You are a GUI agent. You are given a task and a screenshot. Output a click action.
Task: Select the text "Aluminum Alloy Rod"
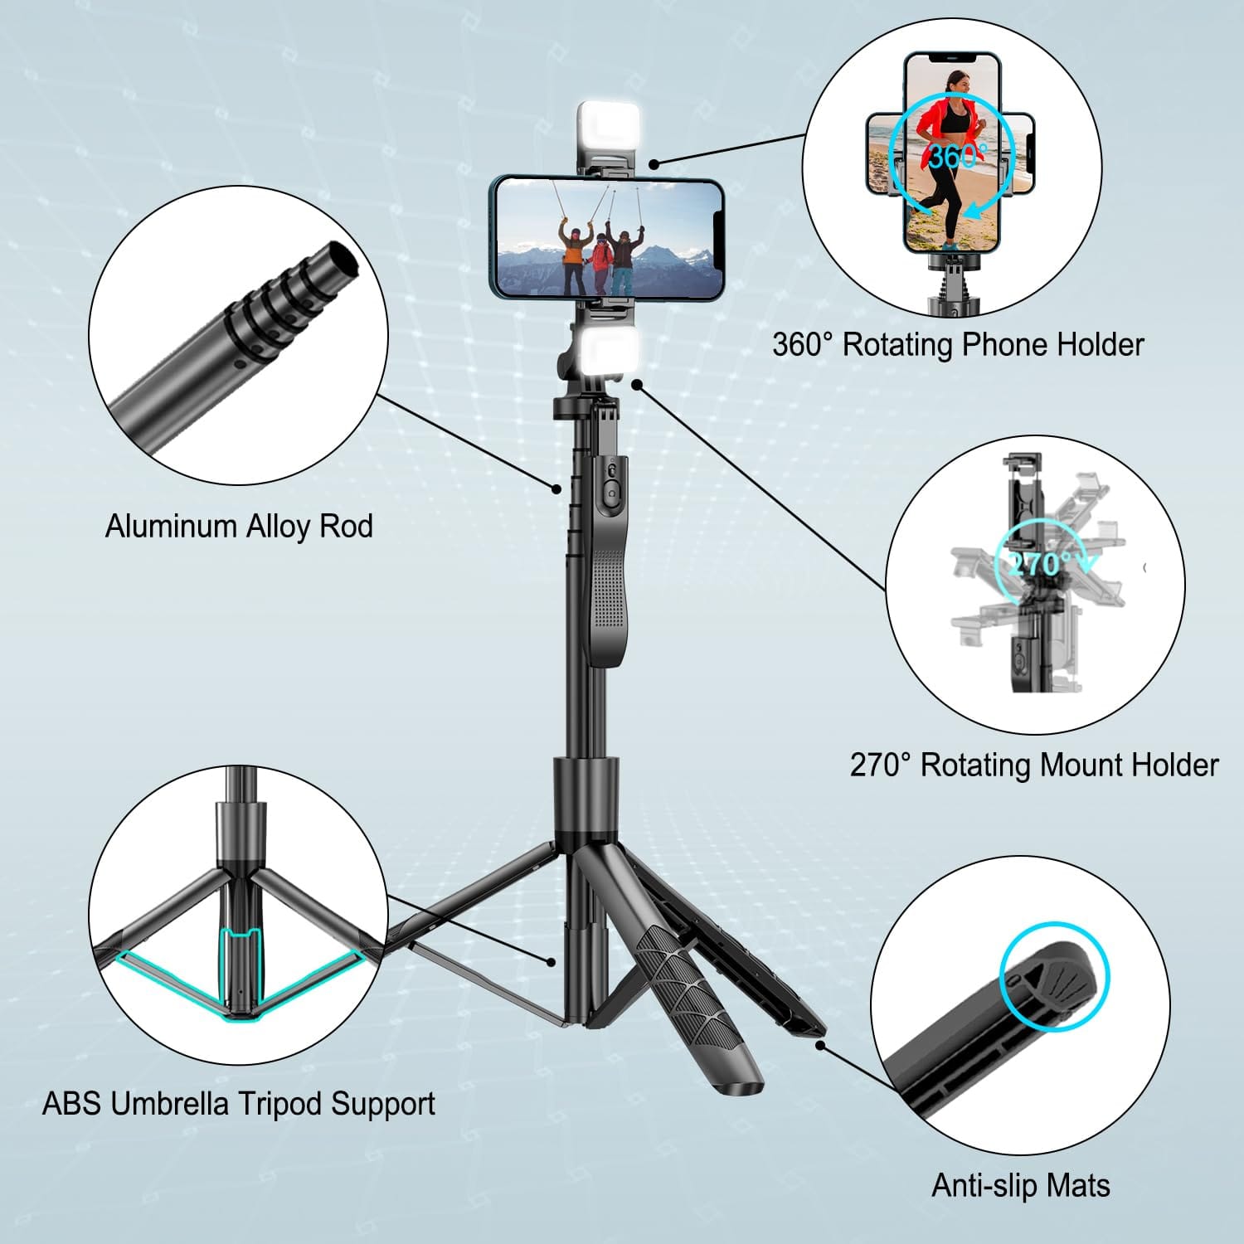point(239,527)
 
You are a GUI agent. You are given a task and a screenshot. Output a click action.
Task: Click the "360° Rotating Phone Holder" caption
point(958,344)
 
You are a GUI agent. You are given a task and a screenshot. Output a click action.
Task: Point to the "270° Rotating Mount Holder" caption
point(1034,765)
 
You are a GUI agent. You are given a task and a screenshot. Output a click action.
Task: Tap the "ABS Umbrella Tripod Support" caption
point(239,1104)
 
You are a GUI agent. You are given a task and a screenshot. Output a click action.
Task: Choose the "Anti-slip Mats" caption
point(1021,1185)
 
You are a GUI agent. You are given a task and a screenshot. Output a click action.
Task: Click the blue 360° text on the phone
point(957,156)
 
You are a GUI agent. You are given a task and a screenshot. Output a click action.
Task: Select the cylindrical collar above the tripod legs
point(586,795)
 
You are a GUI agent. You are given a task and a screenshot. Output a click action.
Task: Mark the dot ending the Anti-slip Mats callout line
point(819,1045)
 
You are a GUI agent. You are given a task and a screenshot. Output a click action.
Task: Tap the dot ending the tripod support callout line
point(551,962)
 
